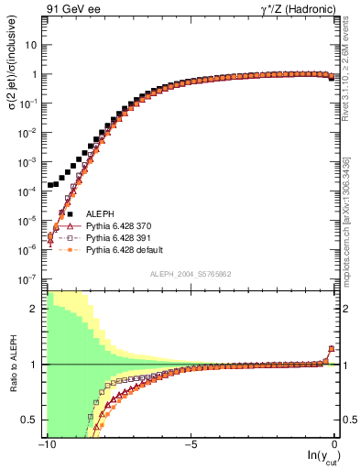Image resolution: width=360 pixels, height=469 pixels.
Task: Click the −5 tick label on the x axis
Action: [190, 444]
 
